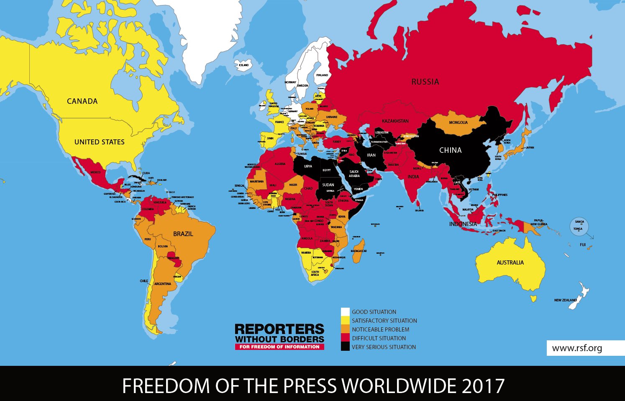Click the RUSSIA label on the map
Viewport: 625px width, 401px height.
point(425,82)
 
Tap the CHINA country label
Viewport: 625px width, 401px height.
point(450,150)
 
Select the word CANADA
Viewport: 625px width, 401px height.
point(82,101)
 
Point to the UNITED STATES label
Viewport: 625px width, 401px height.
point(99,142)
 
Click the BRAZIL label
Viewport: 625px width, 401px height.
point(183,234)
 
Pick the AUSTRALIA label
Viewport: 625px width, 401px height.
point(510,262)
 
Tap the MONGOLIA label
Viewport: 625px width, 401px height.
point(458,123)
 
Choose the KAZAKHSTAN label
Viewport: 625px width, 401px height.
point(395,121)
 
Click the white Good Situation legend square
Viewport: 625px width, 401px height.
point(345,312)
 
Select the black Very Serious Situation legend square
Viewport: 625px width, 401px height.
point(345,347)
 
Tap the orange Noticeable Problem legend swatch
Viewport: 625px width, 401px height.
point(345,329)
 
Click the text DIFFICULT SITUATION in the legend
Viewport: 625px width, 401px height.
point(379,338)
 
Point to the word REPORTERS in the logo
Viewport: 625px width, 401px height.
point(279,329)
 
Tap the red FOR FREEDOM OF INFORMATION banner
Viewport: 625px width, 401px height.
point(279,347)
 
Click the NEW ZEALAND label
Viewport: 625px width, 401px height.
point(565,300)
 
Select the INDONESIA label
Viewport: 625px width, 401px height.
point(463,224)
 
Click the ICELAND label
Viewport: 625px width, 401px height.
point(243,65)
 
